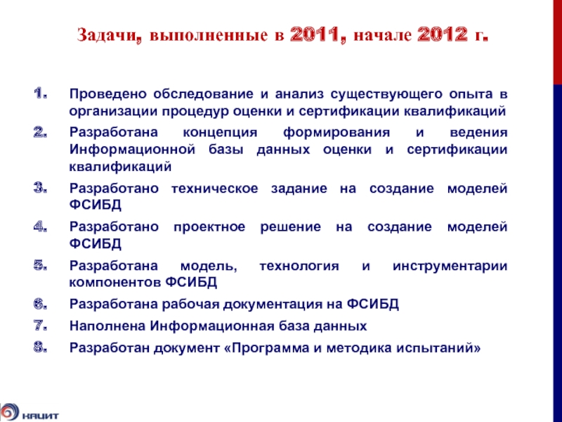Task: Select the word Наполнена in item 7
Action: [x=105, y=326]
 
